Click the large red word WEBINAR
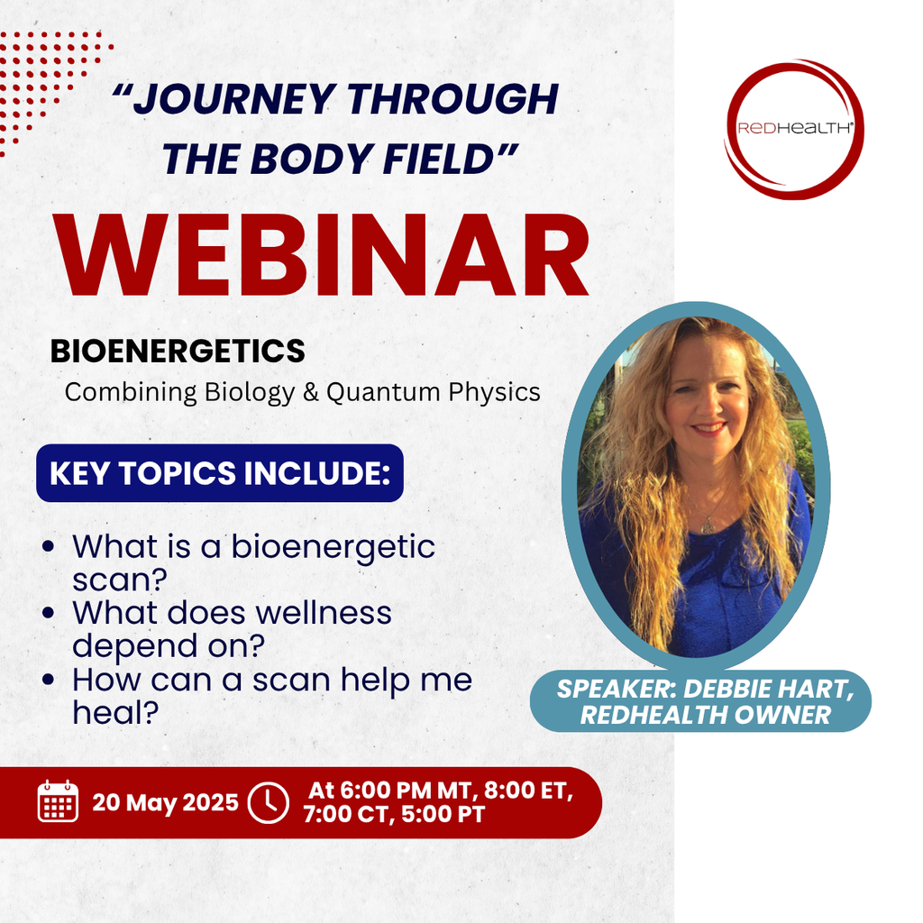click(322, 254)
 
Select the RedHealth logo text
click(794, 128)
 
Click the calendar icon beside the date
click(58, 800)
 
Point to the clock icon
click(269, 802)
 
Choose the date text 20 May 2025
click(166, 802)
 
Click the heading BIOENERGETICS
click(178, 351)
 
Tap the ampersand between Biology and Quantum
click(311, 392)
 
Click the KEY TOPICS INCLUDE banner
click(220, 472)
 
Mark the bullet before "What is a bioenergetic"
click(49, 546)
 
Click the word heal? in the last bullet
click(115, 712)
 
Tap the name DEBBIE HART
click(769, 689)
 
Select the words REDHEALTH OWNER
click(705, 715)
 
